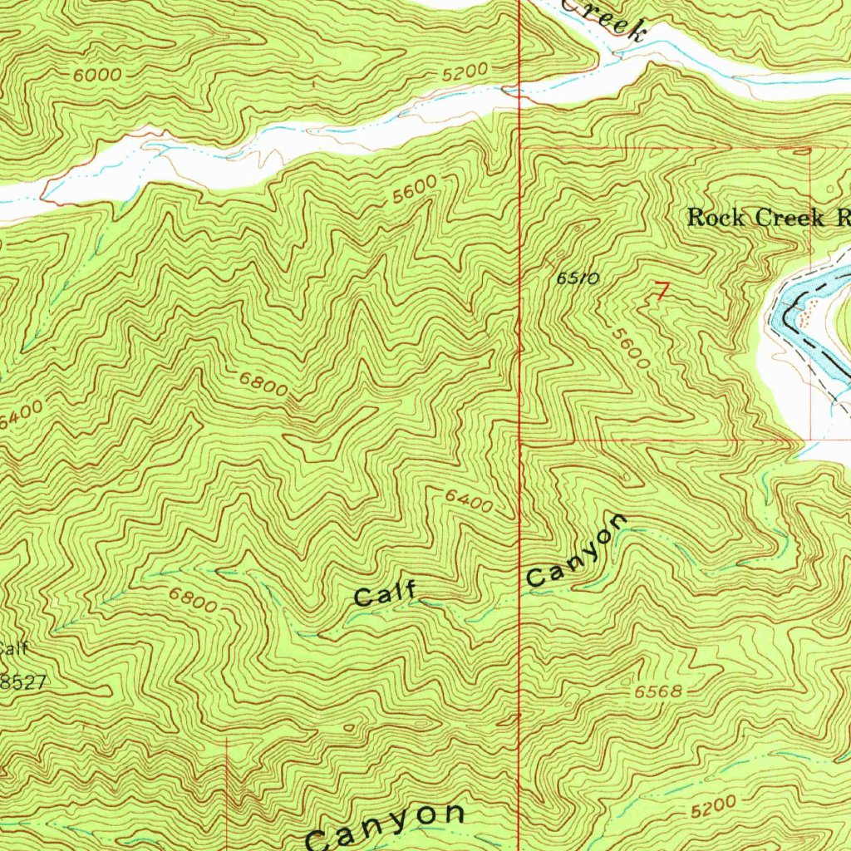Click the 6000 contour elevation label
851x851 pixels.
click(x=97, y=75)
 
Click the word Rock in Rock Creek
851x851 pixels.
click(x=718, y=218)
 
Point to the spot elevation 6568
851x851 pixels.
click(x=658, y=692)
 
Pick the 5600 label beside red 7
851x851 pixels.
click(x=629, y=347)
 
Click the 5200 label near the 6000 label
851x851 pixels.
click(x=463, y=74)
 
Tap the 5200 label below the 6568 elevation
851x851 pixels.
click(x=712, y=804)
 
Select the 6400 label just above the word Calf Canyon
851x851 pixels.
click(x=468, y=500)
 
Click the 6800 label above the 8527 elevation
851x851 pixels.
click(x=193, y=600)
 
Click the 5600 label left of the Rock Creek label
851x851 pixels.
click(x=415, y=191)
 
